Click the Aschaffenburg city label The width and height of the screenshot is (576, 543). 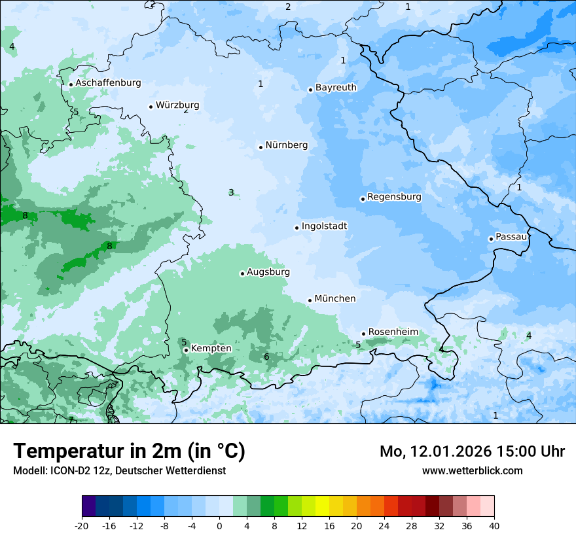pos(108,83)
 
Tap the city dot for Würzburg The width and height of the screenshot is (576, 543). pos(151,107)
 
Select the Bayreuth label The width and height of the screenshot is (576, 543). pos(336,88)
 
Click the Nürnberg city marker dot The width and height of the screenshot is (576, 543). pos(261,147)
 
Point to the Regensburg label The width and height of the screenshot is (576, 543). pos(394,197)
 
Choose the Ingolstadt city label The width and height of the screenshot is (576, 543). pos(324,226)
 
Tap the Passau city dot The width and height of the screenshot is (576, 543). pos(491,239)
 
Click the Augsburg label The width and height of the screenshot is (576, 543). pos(268,272)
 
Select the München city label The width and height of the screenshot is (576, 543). pos(335,299)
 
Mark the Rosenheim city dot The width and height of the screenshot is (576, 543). pos(363,334)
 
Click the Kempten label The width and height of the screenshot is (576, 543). pos(211,349)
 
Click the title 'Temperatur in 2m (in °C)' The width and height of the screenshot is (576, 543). pos(129,451)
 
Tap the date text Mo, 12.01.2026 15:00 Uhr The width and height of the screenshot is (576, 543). pos(472,451)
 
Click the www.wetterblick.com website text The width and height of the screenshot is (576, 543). pos(472,470)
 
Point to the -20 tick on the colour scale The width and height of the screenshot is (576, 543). pos(82,525)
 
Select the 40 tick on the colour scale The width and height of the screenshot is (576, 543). pos(494,525)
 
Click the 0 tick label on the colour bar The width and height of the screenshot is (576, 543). pos(219,525)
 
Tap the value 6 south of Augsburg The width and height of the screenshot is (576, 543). pos(266,357)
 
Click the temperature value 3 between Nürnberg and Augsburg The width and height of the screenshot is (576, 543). pos(231,192)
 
